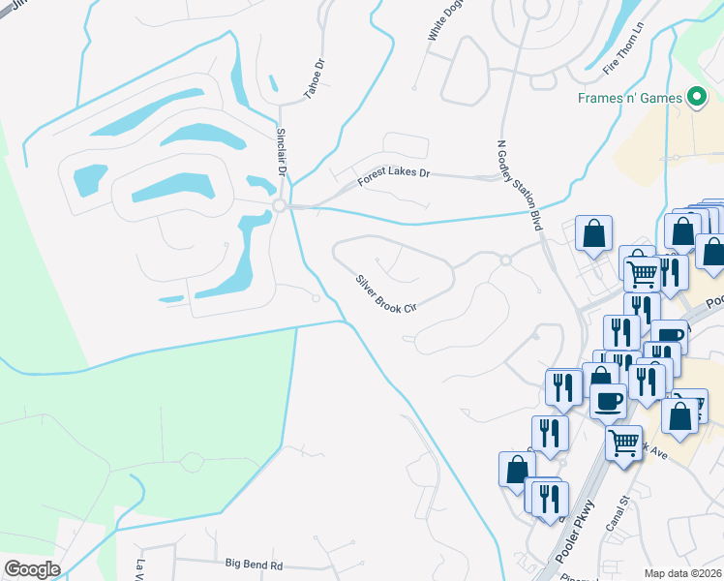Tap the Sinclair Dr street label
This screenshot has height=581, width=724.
(x=282, y=150)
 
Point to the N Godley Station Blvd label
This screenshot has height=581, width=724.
(x=516, y=182)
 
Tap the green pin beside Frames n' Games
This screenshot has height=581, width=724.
(x=695, y=97)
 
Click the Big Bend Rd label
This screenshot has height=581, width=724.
(x=254, y=564)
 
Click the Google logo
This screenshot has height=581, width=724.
(x=32, y=569)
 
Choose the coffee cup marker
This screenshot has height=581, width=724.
(x=608, y=400)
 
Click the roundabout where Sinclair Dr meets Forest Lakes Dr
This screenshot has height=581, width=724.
(x=279, y=205)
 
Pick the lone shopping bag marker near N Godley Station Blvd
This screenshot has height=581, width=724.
(x=592, y=232)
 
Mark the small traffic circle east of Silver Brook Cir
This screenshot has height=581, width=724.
(x=504, y=260)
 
